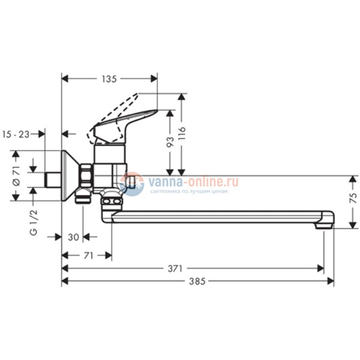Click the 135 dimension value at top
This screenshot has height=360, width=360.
point(109,79)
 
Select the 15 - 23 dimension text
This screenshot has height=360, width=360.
point(16,133)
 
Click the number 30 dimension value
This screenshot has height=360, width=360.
point(73,236)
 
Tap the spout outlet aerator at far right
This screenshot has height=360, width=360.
point(323,225)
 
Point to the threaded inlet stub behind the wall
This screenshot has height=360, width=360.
point(52,180)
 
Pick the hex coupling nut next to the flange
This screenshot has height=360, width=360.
point(86,176)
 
